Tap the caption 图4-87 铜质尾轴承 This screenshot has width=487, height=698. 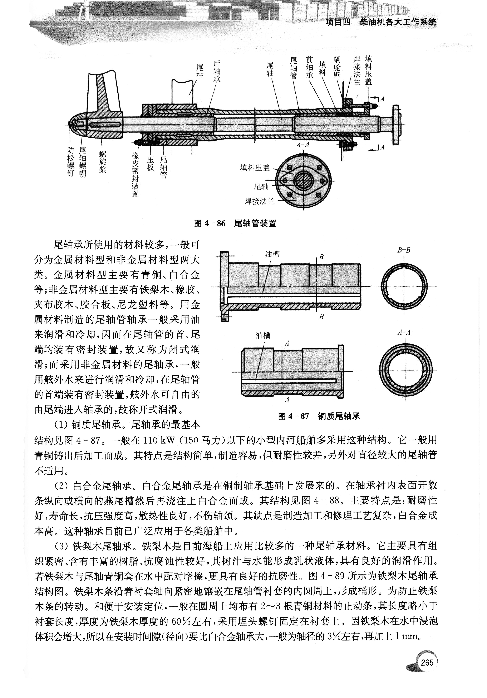(319, 416)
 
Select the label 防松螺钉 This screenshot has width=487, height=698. (70, 162)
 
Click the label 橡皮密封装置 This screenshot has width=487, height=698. (135, 175)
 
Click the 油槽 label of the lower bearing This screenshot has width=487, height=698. (263, 336)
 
